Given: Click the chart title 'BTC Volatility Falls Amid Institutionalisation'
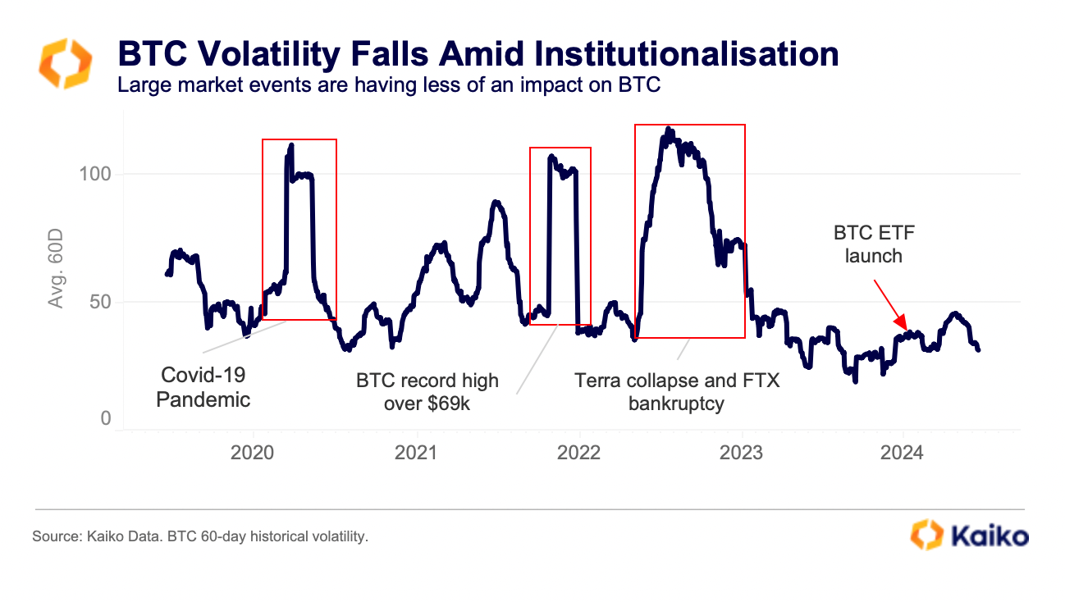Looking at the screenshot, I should [x=478, y=54].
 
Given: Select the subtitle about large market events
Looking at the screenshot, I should [x=389, y=84].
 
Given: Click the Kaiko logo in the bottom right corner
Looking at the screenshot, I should [x=969, y=535].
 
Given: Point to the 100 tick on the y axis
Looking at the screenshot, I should [x=94, y=175].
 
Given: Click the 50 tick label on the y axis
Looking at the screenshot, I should [x=99, y=302].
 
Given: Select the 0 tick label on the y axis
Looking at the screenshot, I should [x=105, y=419].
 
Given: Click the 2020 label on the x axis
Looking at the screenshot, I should [x=253, y=452].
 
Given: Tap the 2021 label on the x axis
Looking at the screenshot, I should [x=416, y=452].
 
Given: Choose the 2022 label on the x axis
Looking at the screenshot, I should [x=579, y=452].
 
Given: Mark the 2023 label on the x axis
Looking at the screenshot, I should [x=743, y=452].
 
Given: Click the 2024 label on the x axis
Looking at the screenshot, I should [x=903, y=452].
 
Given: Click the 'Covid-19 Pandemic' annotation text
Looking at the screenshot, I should [x=203, y=387].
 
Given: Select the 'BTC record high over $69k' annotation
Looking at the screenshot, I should [x=427, y=392].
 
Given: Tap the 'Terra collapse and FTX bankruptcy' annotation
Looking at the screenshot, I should [x=677, y=392].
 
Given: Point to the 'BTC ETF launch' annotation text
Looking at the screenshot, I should [x=873, y=244].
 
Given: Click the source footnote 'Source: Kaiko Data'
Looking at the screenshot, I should [x=200, y=537].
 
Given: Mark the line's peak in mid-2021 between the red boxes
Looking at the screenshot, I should [x=496, y=202].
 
